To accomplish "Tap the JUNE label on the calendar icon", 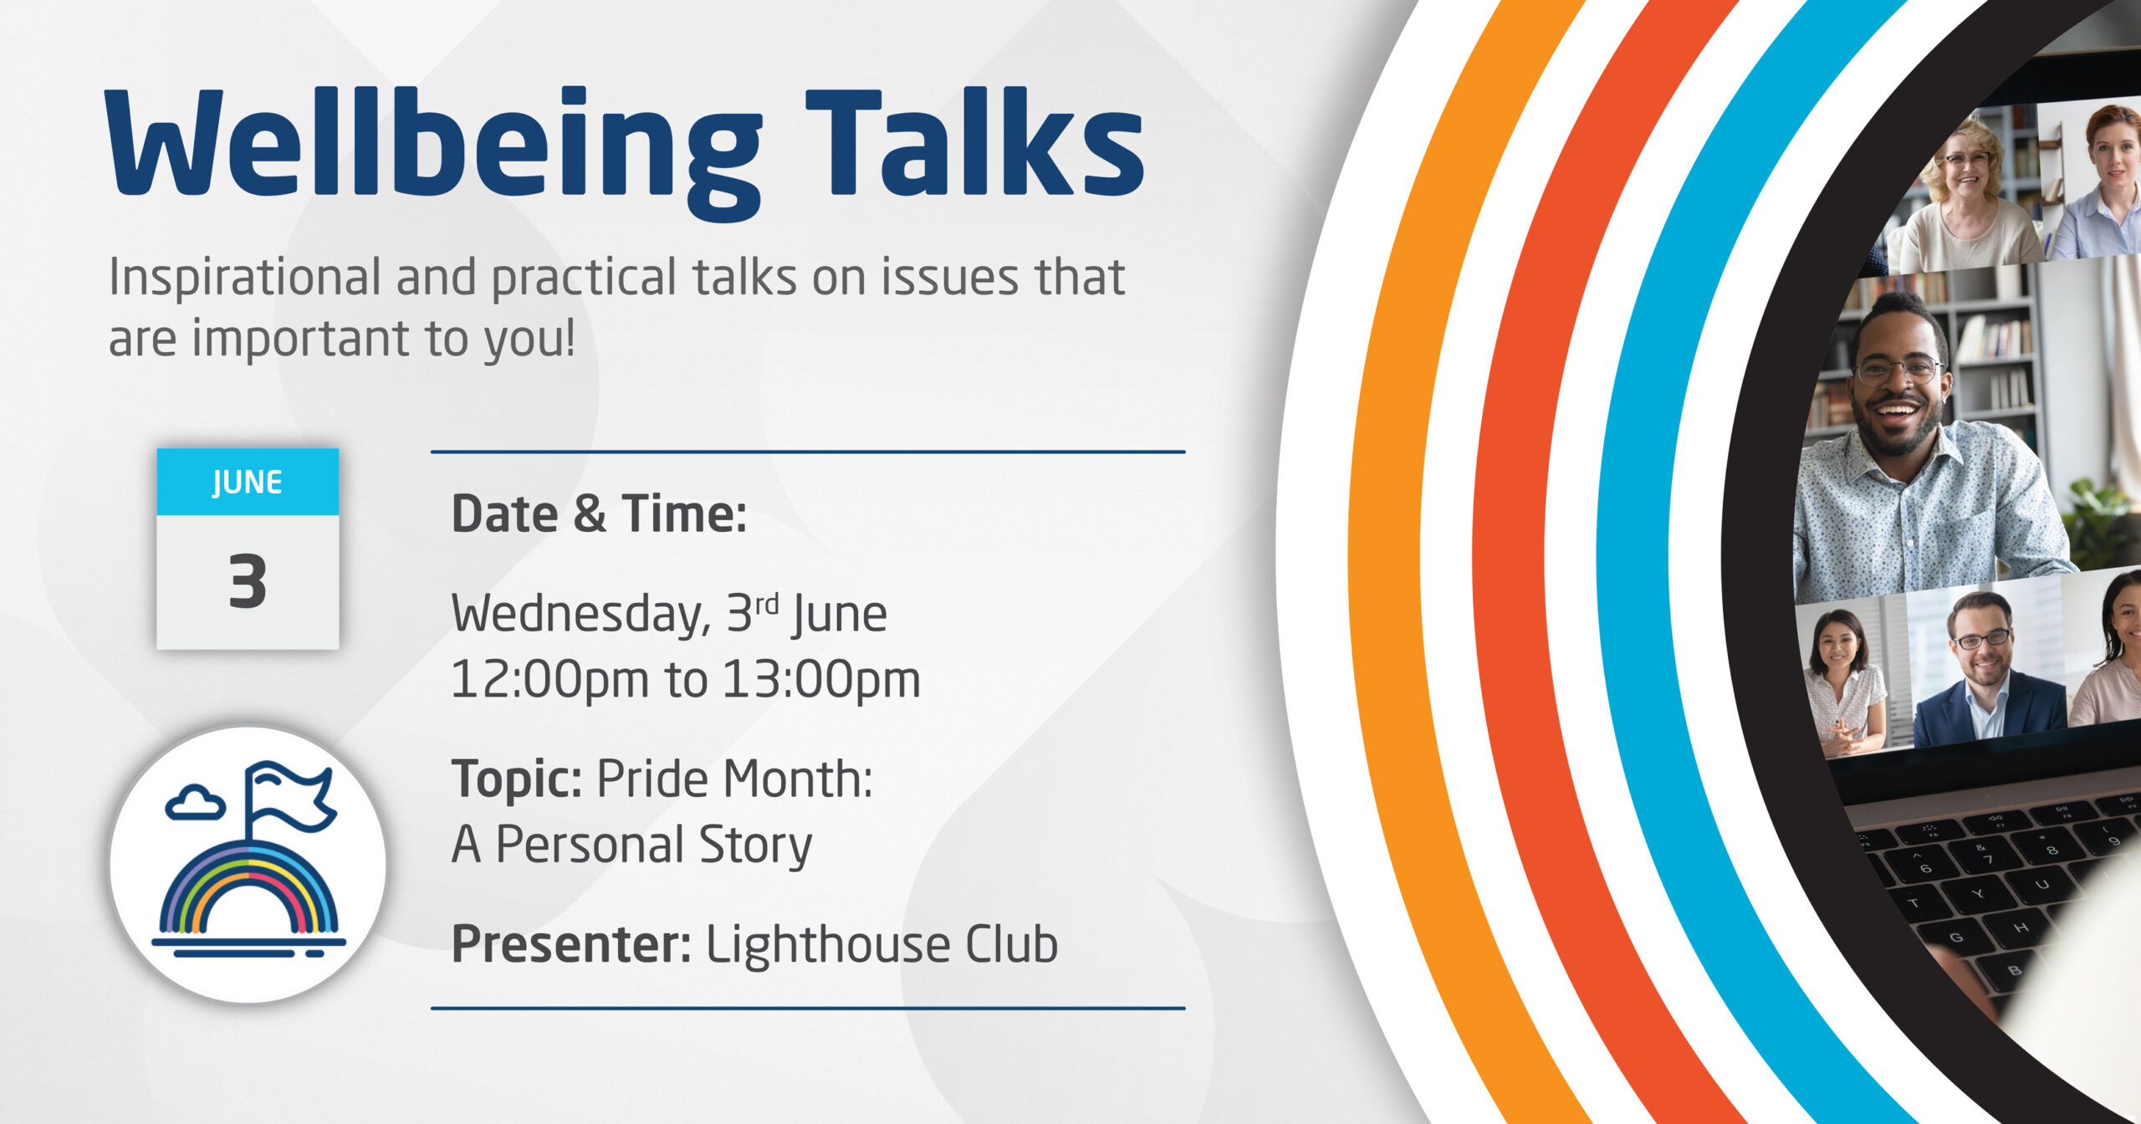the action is [248, 483].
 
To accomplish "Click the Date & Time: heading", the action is [599, 513].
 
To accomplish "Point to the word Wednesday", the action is [580, 615].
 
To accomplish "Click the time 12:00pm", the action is [549, 679].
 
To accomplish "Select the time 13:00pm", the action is [820, 679].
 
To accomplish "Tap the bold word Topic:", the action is [517, 779].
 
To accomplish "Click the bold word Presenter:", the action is [571, 944].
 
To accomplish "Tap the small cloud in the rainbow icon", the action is [195, 802].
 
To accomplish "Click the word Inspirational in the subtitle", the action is [245, 278].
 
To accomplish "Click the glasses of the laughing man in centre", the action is [1898, 369].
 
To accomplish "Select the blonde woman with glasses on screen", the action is [1970, 197].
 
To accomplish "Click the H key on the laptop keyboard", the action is [2021, 928].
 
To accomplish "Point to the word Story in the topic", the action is [755, 845].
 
